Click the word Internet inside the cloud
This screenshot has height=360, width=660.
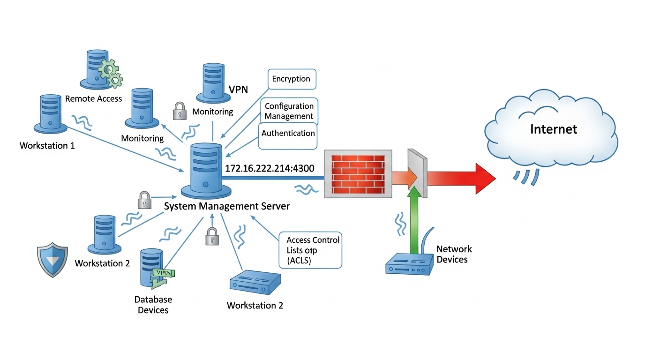click(x=554, y=129)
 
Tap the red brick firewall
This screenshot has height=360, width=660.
click(x=358, y=173)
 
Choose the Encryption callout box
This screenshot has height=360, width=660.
click(x=291, y=79)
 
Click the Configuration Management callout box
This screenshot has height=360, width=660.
click(x=289, y=111)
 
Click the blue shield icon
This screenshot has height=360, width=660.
click(x=52, y=259)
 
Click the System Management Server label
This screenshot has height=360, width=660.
click(x=227, y=206)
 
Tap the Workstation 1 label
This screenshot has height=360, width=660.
click(x=47, y=146)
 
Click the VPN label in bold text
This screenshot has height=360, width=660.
click(x=238, y=89)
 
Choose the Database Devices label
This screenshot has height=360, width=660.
click(x=153, y=305)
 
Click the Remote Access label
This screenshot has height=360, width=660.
click(x=93, y=99)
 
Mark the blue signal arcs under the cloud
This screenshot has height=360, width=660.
click(x=525, y=176)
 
